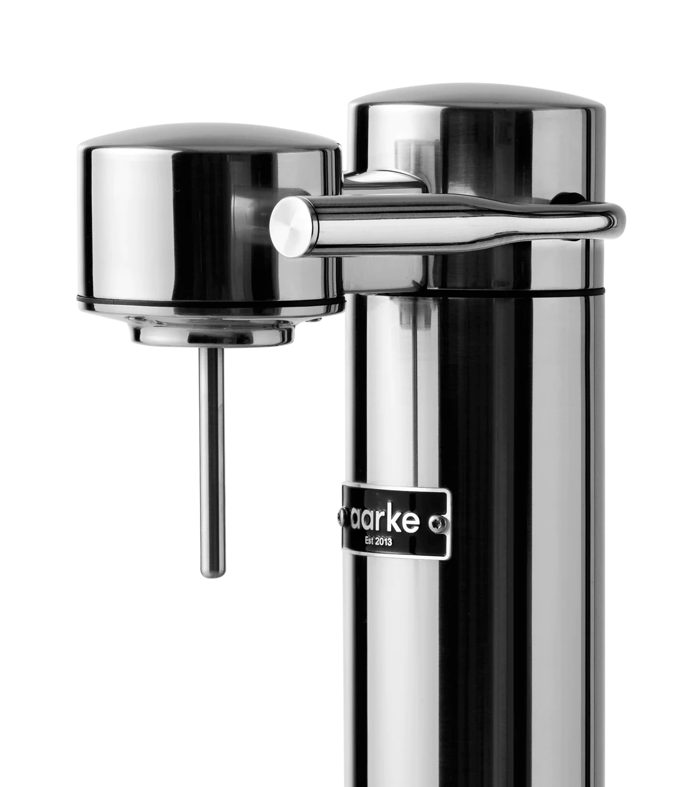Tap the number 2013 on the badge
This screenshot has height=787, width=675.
pyautogui.click(x=383, y=542)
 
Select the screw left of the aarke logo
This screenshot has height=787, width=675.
pyautogui.click(x=341, y=517)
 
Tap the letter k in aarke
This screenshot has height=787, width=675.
pyautogui.click(x=405, y=520)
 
